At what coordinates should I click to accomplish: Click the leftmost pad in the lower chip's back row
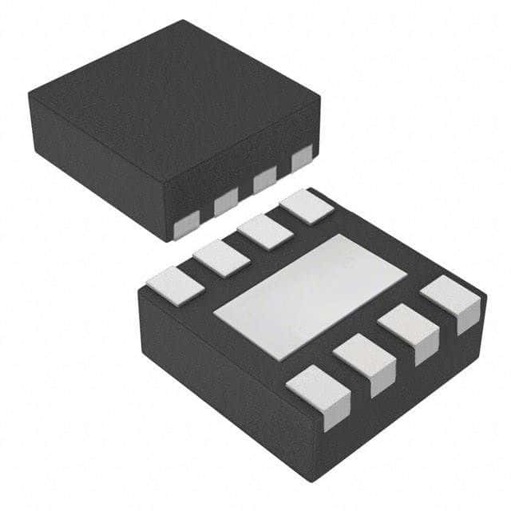coord(172,285)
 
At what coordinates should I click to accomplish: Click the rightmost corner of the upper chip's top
coord(319,99)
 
